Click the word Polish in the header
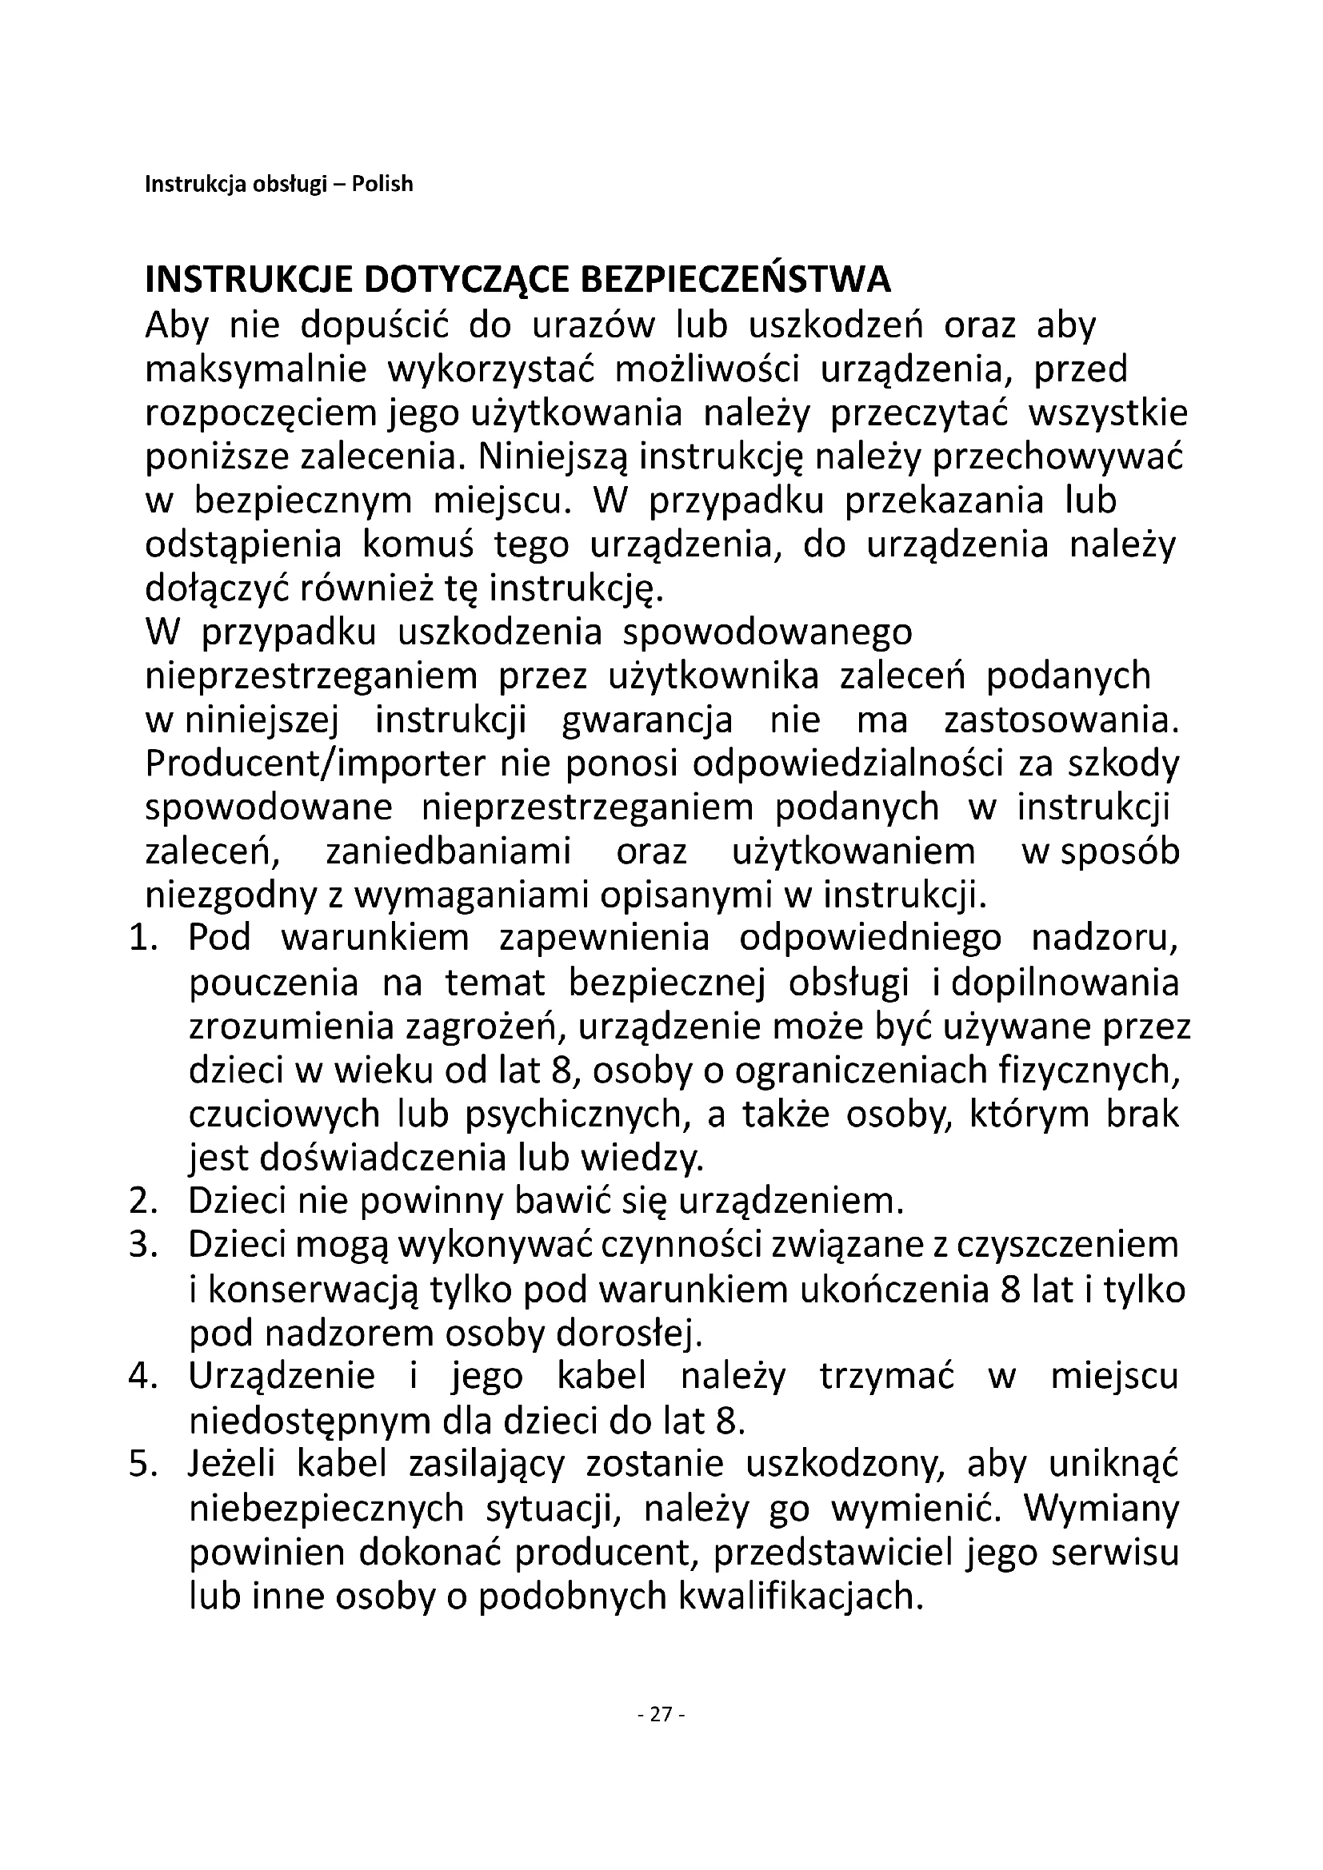(x=382, y=184)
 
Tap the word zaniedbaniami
(x=448, y=853)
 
